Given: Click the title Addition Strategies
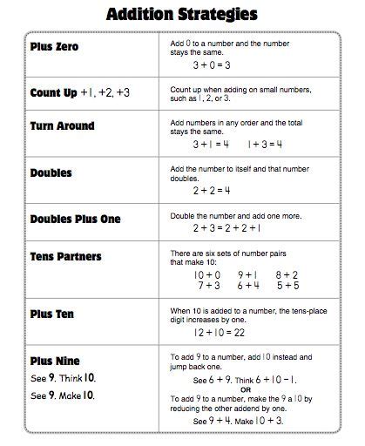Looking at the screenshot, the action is point(181,15).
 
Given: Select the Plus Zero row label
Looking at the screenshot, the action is point(54,46).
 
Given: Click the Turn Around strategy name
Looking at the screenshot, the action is point(62,125).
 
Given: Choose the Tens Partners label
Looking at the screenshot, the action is point(66,256).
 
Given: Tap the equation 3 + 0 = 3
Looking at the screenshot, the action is point(212,64).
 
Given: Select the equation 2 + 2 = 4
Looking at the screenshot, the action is point(212,189).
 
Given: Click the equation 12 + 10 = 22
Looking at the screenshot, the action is point(218,332).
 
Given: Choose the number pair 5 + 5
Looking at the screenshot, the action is point(289,284).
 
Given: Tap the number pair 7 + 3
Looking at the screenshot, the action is point(208,284).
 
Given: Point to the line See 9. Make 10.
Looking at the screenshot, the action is point(63,395).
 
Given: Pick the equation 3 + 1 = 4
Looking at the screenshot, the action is point(211,144).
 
